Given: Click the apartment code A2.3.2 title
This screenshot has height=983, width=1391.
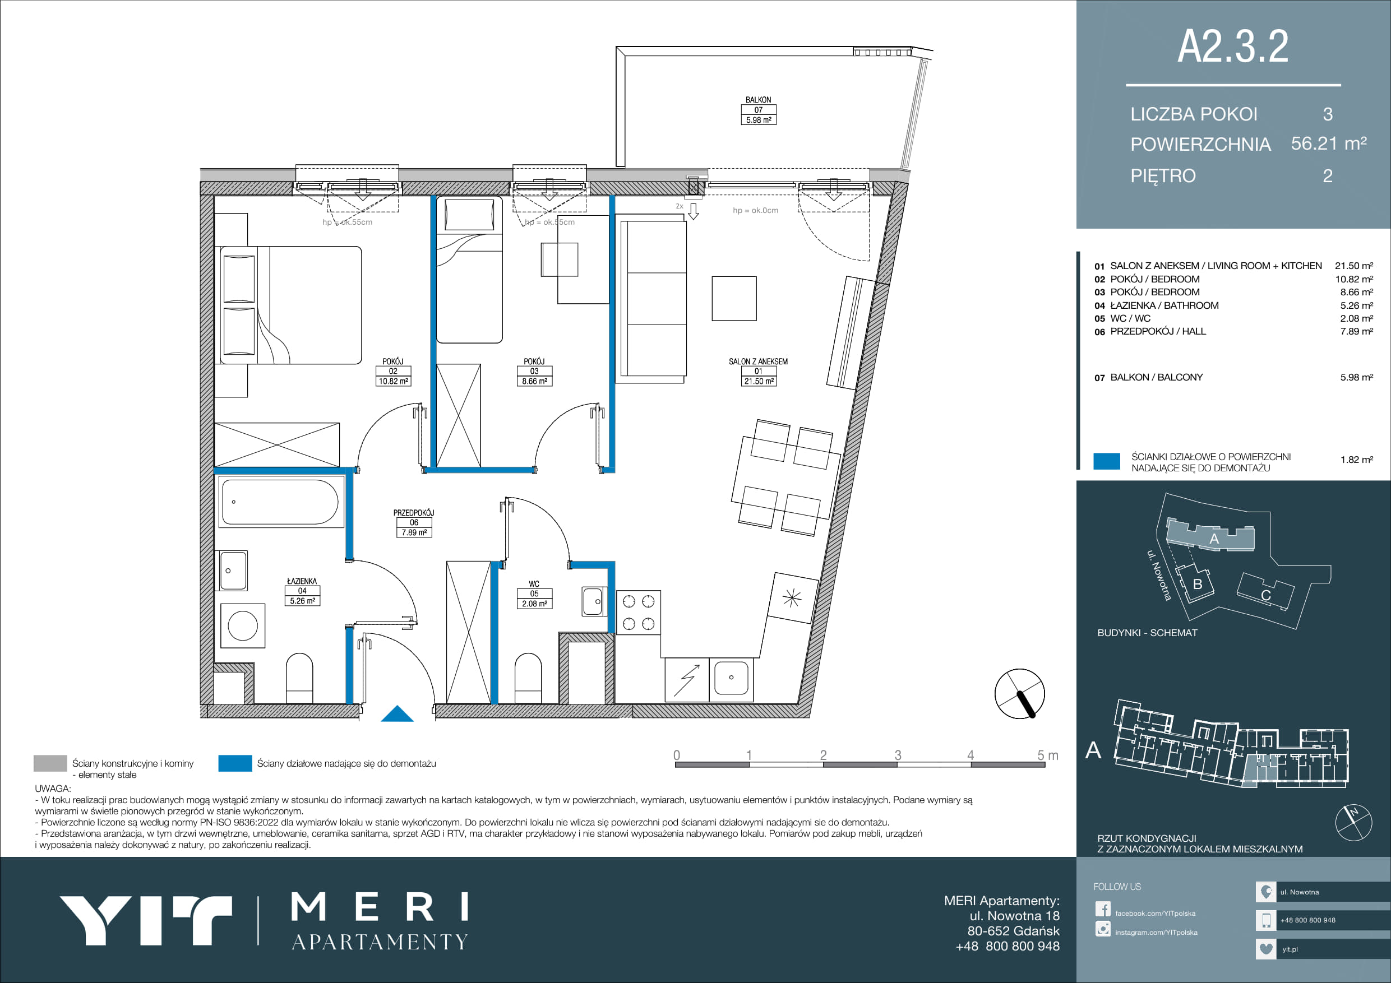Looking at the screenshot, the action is point(1233,47).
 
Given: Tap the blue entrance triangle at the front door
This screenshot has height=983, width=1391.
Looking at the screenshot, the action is point(397,714).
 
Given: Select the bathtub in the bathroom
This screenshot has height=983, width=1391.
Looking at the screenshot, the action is point(280,502).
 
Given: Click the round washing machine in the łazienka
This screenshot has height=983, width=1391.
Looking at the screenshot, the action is point(242,625).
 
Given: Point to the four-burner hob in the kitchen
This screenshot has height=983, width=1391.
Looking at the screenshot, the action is point(639,613).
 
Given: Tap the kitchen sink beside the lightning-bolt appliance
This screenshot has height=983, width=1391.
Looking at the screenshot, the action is point(731,679).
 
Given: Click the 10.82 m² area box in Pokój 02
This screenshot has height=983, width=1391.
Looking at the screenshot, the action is point(393,381).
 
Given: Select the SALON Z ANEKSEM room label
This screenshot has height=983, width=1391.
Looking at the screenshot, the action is point(758,361).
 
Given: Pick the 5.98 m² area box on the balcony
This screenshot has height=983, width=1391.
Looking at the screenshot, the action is point(759,120).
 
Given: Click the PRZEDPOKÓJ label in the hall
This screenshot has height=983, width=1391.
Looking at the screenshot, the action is point(414,512).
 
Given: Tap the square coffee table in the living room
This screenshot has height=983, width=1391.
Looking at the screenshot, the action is point(734,299).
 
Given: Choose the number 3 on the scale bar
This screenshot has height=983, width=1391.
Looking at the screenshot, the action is point(898,755).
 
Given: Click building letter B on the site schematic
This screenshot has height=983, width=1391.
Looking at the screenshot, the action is point(1197,584).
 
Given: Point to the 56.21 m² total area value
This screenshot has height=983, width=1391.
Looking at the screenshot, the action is point(1329,143).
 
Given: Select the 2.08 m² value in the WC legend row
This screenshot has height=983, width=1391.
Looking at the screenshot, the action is point(1356,318).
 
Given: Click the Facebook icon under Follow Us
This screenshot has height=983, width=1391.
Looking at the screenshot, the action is point(1103,909).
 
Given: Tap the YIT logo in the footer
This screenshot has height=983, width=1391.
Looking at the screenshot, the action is point(145,920).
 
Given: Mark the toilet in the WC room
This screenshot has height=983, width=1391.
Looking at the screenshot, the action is point(528,678).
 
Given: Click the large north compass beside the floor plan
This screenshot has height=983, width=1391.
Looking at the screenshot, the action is point(1020,693).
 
